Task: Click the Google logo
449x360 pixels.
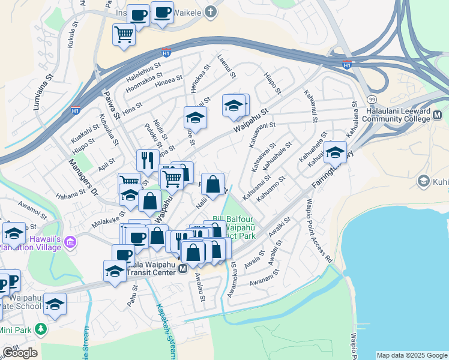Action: click(20, 353)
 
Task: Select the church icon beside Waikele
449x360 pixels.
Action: click(210, 11)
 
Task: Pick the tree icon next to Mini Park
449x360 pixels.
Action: click(41, 329)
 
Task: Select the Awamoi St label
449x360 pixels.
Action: click(32, 209)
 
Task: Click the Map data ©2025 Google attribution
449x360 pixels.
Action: click(411, 355)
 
